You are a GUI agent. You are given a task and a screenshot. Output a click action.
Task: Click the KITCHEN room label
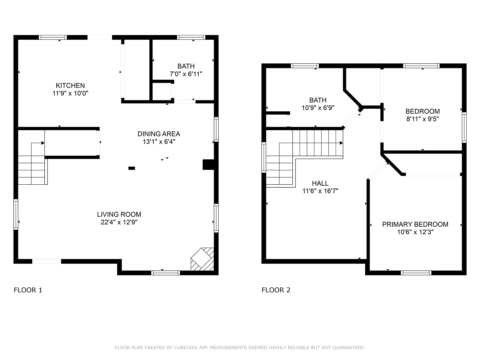(x=70, y=85)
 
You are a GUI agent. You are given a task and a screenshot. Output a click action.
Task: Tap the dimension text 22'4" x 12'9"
(x=119, y=222)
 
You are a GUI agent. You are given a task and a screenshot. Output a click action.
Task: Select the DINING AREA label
(x=159, y=134)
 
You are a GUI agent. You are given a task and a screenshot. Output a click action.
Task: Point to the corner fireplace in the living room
(x=202, y=259)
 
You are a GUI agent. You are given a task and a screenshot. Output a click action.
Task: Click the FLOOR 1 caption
(x=28, y=290)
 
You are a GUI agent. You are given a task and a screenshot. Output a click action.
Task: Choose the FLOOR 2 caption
(x=276, y=290)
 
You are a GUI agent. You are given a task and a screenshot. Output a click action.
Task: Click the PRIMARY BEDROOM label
(x=415, y=224)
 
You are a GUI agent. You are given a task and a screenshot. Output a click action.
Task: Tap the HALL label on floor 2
(x=320, y=183)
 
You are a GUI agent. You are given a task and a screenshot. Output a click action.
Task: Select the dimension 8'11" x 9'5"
(x=422, y=119)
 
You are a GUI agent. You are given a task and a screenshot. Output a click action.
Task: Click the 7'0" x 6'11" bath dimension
(x=186, y=74)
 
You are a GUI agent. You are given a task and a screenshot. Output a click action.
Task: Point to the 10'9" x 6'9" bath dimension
(x=318, y=108)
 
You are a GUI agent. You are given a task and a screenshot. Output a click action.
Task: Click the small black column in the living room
(x=132, y=168)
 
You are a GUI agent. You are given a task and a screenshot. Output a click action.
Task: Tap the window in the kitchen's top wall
(x=53, y=37)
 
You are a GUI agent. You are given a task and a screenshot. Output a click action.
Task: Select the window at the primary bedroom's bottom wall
(x=416, y=273)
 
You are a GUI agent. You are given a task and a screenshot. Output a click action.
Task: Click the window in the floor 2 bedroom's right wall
(x=464, y=127)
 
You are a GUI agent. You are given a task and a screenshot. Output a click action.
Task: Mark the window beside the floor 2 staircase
(x=264, y=157)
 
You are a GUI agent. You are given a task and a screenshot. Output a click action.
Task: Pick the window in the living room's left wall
(x=16, y=214)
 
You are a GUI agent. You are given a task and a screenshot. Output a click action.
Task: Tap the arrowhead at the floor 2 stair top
(x=341, y=143)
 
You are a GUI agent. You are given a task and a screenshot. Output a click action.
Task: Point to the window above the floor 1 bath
(x=191, y=37)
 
